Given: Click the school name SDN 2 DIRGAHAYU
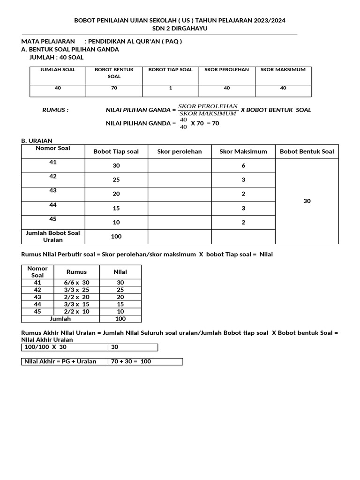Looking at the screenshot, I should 180,29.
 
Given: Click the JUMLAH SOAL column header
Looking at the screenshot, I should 58,69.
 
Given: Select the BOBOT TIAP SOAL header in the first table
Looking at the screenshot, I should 170,69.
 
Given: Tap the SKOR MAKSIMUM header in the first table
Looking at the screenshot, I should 283,69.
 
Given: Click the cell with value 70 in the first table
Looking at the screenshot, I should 114,88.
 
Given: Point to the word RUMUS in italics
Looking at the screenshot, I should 55,110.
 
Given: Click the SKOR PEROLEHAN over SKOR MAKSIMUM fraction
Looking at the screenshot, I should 208,110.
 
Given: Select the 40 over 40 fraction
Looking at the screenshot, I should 183,123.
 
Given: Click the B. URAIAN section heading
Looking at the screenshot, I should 37,141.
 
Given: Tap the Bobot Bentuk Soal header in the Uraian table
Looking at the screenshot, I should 307,151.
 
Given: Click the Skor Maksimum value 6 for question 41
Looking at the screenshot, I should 243,165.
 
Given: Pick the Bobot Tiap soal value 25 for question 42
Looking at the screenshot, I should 116,180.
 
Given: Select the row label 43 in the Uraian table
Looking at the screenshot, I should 52,190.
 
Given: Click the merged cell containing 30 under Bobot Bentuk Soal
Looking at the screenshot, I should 307,201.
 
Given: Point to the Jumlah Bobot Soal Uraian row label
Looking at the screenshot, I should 52,236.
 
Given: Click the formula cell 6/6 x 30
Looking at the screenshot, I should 76,283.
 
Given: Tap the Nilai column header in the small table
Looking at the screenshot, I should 120,271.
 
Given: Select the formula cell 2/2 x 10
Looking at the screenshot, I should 76,311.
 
